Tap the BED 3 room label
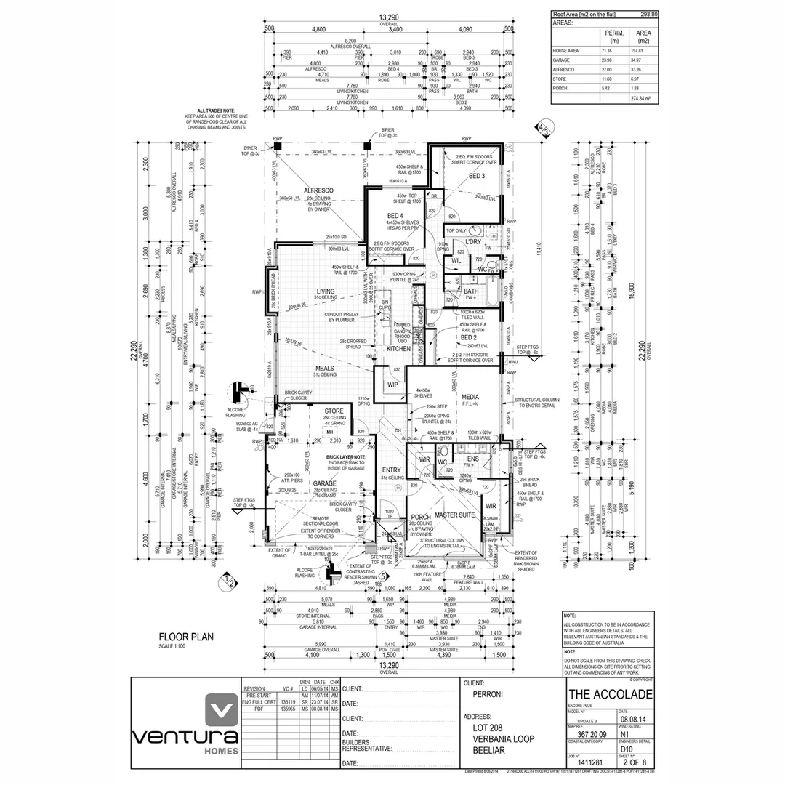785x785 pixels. (x=476, y=176)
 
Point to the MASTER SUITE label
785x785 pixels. (x=455, y=515)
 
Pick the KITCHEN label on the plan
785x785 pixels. (x=398, y=349)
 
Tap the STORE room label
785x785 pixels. (x=334, y=411)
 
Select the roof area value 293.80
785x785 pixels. (x=648, y=15)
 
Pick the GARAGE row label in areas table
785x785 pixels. (x=563, y=60)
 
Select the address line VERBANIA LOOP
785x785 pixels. (x=503, y=739)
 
